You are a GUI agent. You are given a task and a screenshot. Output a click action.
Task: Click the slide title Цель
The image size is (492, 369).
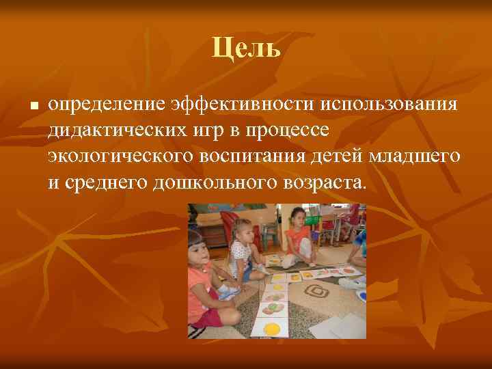pos(246,48)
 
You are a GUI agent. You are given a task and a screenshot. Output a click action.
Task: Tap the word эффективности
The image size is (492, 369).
pos(236,105)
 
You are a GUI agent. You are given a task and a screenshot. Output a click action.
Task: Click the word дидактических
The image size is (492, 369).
pos(114,131)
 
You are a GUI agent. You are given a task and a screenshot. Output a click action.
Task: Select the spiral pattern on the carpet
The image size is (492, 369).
pos(316,292)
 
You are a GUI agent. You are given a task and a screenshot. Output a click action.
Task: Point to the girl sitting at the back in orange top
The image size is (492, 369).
pos(297,236)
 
